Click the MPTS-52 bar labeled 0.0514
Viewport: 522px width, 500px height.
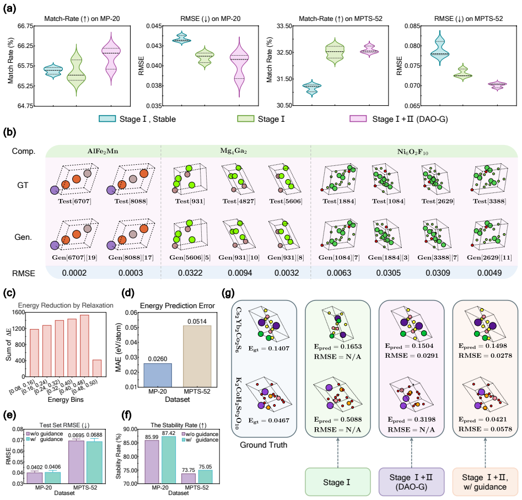197,356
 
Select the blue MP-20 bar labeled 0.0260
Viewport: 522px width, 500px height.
158,375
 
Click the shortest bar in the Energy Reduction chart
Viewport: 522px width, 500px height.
97,368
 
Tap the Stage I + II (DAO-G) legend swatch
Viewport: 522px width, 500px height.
358,119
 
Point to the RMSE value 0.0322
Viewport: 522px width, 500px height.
190,273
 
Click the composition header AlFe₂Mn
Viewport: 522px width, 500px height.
103,151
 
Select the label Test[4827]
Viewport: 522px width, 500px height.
239,201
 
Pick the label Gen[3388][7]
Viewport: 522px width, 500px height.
438,257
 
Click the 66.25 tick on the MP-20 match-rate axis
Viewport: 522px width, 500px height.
25,46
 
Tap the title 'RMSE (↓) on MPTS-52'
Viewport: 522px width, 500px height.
469,19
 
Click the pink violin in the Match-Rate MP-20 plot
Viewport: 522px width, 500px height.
111,59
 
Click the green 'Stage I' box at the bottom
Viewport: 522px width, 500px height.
337,482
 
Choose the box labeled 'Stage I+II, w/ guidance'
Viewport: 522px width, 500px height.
485,482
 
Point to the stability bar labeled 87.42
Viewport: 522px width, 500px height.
169,460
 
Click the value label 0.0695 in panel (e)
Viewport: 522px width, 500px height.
76,435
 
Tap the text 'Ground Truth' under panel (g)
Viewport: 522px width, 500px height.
263,445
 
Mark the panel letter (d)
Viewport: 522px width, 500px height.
128,293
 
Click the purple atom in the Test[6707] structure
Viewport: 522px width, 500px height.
55,190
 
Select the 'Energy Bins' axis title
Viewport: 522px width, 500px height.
66,400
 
